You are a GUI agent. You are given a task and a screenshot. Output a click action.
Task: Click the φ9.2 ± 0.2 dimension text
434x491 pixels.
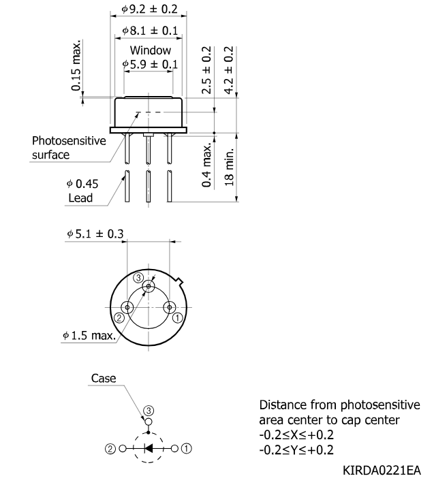point(149,9)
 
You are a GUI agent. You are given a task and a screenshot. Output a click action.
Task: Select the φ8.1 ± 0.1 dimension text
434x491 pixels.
point(150,31)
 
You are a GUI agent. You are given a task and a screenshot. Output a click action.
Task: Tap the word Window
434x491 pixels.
point(151,50)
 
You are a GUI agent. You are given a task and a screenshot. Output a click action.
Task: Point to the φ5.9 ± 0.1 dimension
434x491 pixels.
point(150,64)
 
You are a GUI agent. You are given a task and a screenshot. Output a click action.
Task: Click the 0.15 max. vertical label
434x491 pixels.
point(76,65)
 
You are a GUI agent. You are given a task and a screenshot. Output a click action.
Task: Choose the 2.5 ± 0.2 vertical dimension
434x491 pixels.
point(206,70)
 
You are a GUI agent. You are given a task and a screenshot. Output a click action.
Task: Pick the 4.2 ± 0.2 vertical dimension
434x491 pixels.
point(229,70)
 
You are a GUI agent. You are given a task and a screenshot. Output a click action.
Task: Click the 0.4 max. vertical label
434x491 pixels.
point(206,165)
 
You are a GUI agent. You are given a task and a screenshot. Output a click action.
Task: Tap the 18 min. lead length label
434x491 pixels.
point(229,168)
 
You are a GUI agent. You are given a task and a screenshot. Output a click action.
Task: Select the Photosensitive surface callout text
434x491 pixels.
point(69,148)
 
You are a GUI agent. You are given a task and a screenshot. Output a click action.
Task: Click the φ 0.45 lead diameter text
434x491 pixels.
point(82,184)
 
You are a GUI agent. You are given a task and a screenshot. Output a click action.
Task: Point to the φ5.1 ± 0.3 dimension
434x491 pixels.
point(95,234)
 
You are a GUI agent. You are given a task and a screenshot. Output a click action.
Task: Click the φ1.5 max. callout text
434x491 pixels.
point(89,336)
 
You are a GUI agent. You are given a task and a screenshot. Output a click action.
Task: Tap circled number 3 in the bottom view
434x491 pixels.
point(138,277)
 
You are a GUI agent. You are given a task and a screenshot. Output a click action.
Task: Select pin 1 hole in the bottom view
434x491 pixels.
point(170,307)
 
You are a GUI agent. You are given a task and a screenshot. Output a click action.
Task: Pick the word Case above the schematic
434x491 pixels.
point(104,378)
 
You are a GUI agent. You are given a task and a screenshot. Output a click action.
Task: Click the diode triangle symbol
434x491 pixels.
point(149,448)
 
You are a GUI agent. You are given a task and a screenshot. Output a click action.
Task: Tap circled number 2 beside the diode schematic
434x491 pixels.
point(110,449)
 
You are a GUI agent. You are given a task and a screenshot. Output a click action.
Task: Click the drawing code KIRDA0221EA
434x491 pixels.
point(382,471)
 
